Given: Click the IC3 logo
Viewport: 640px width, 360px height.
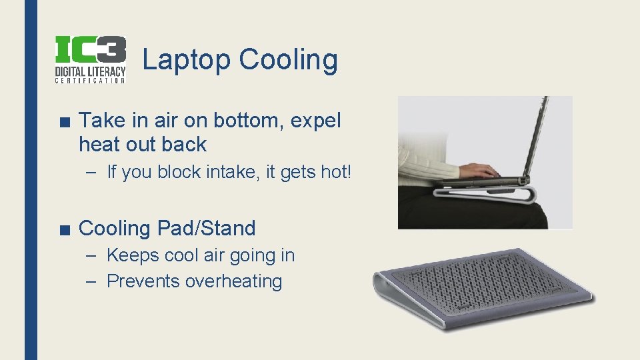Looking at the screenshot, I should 90,59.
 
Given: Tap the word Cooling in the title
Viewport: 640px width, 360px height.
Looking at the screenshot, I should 288,60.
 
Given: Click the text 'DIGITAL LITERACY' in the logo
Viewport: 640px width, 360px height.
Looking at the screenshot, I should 90,70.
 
